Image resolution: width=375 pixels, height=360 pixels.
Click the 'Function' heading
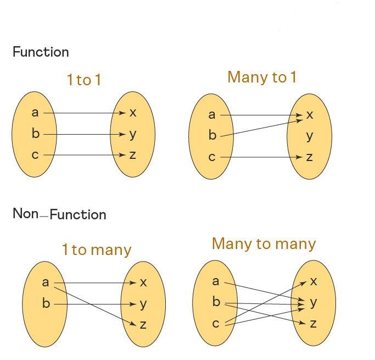click(x=41, y=53)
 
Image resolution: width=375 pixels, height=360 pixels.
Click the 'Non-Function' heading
click(x=59, y=214)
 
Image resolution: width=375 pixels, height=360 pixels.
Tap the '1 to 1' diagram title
click(x=84, y=80)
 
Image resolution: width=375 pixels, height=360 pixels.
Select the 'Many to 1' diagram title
click(x=262, y=77)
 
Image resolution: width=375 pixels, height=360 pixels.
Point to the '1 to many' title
click(x=97, y=251)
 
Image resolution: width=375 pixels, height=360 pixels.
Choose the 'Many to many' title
click(x=264, y=244)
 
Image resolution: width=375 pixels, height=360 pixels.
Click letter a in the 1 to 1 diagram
click(x=35, y=113)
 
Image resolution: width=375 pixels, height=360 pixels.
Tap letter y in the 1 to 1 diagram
click(x=133, y=134)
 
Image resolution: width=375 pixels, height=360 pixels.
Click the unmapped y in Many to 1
click(x=310, y=136)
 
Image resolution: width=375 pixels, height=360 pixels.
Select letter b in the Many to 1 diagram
click(x=212, y=136)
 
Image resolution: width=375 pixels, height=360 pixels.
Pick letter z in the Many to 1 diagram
click(x=310, y=157)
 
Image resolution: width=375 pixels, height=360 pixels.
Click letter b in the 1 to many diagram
click(x=46, y=303)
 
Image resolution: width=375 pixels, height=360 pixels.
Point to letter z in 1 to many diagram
click(x=143, y=325)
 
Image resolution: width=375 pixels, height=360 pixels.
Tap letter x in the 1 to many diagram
click(x=143, y=283)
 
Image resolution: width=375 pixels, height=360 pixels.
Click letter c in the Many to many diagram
click(x=215, y=324)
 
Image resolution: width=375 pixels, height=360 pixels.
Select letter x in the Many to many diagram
click(x=314, y=281)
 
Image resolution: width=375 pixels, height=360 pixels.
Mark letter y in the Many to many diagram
click(x=314, y=302)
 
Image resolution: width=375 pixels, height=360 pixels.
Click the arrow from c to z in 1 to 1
click(x=85, y=155)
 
